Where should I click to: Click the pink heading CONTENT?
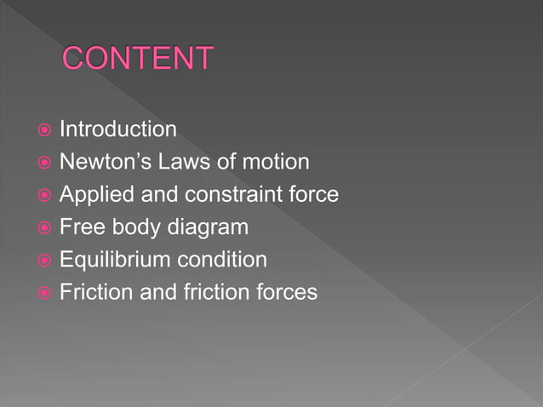coord(138,59)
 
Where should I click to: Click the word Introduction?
coord(117,129)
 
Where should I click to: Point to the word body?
coord(134,227)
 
